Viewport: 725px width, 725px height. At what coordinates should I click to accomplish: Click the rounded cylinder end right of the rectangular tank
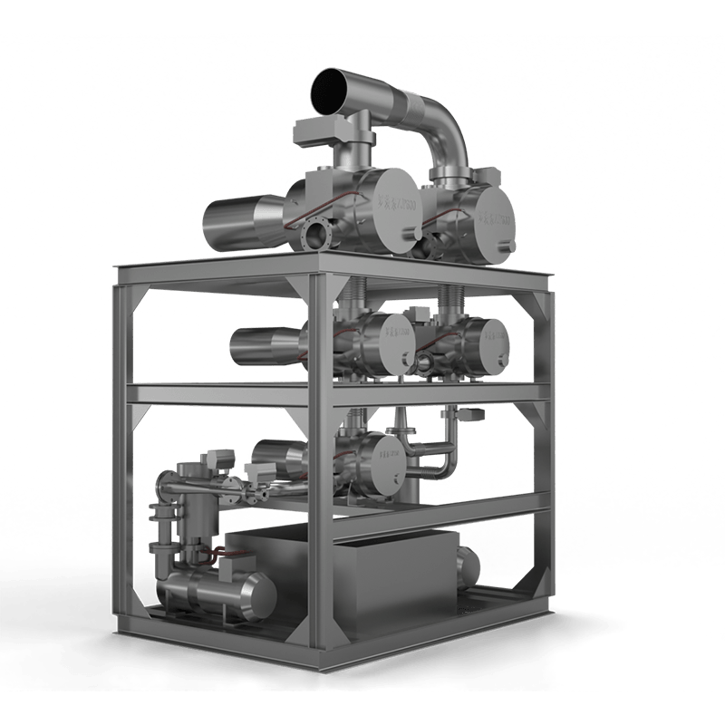coord(470,566)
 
